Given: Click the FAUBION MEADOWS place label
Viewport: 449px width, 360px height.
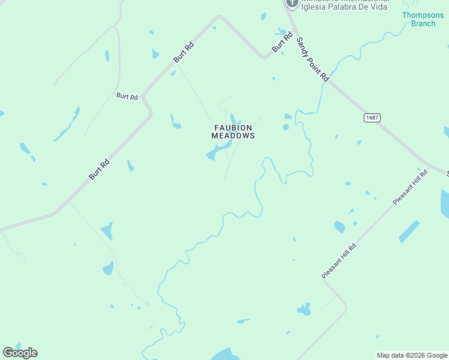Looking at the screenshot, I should [234, 132].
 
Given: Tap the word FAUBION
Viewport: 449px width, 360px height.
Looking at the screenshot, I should [234, 128].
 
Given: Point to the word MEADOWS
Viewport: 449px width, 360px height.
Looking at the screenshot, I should [234, 136].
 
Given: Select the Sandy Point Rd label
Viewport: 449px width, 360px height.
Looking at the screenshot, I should [313, 59].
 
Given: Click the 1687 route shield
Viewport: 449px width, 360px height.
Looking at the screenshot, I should [372, 118].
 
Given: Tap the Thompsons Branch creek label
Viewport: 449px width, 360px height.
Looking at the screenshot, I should [423, 19].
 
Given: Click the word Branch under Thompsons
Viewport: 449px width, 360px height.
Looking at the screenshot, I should [423, 24].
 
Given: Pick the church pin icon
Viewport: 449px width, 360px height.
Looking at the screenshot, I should [292, 3].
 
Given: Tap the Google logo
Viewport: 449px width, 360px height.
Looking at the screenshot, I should [20, 353].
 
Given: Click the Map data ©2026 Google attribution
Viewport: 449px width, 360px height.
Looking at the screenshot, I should [412, 355].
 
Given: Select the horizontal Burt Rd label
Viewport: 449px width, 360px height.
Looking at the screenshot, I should [127, 96].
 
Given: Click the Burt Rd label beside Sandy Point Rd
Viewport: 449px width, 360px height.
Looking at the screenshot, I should [277, 45].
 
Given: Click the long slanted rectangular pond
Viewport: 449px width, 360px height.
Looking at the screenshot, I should [409, 231].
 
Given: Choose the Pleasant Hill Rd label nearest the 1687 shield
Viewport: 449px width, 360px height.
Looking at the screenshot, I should [411, 188].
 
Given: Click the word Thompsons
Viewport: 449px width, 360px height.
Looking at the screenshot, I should [423, 15].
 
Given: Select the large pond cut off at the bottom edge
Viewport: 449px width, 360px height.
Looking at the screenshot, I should [224, 354].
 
